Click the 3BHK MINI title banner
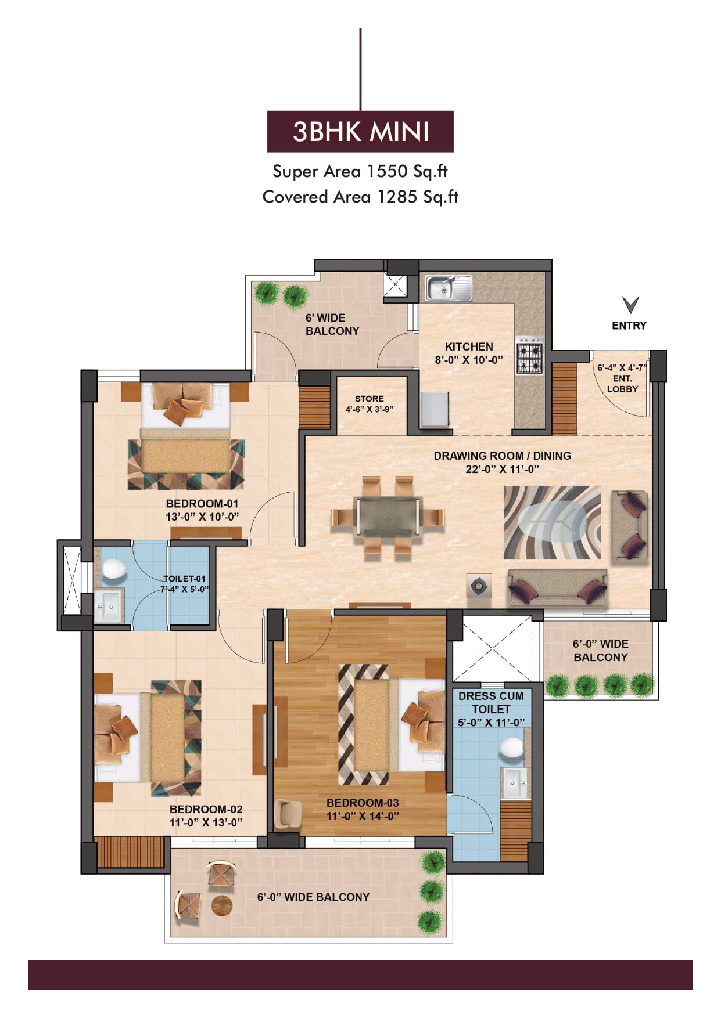click(x=360, y=131)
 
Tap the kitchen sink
click(x=449, y=288)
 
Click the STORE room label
click(x=370, y=399)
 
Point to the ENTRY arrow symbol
click(x=630, y=305)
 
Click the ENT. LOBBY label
click(x=622, y=384)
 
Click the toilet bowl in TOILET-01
click(x=114, y=569)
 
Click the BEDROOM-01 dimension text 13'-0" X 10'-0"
click(x=202, y=517)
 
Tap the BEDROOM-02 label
click(x=206, y=809)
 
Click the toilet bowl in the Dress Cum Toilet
click(x=512, y=748)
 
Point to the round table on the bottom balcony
click(x=222, y=905)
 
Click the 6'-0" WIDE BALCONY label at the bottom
click(x=313, y=897)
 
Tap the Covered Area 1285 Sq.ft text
click(x=360, y=197)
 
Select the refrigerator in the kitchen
click(x=435, y=410)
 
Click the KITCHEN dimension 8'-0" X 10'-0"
click(x=469, y=360)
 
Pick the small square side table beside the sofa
click(x=479, y=586)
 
